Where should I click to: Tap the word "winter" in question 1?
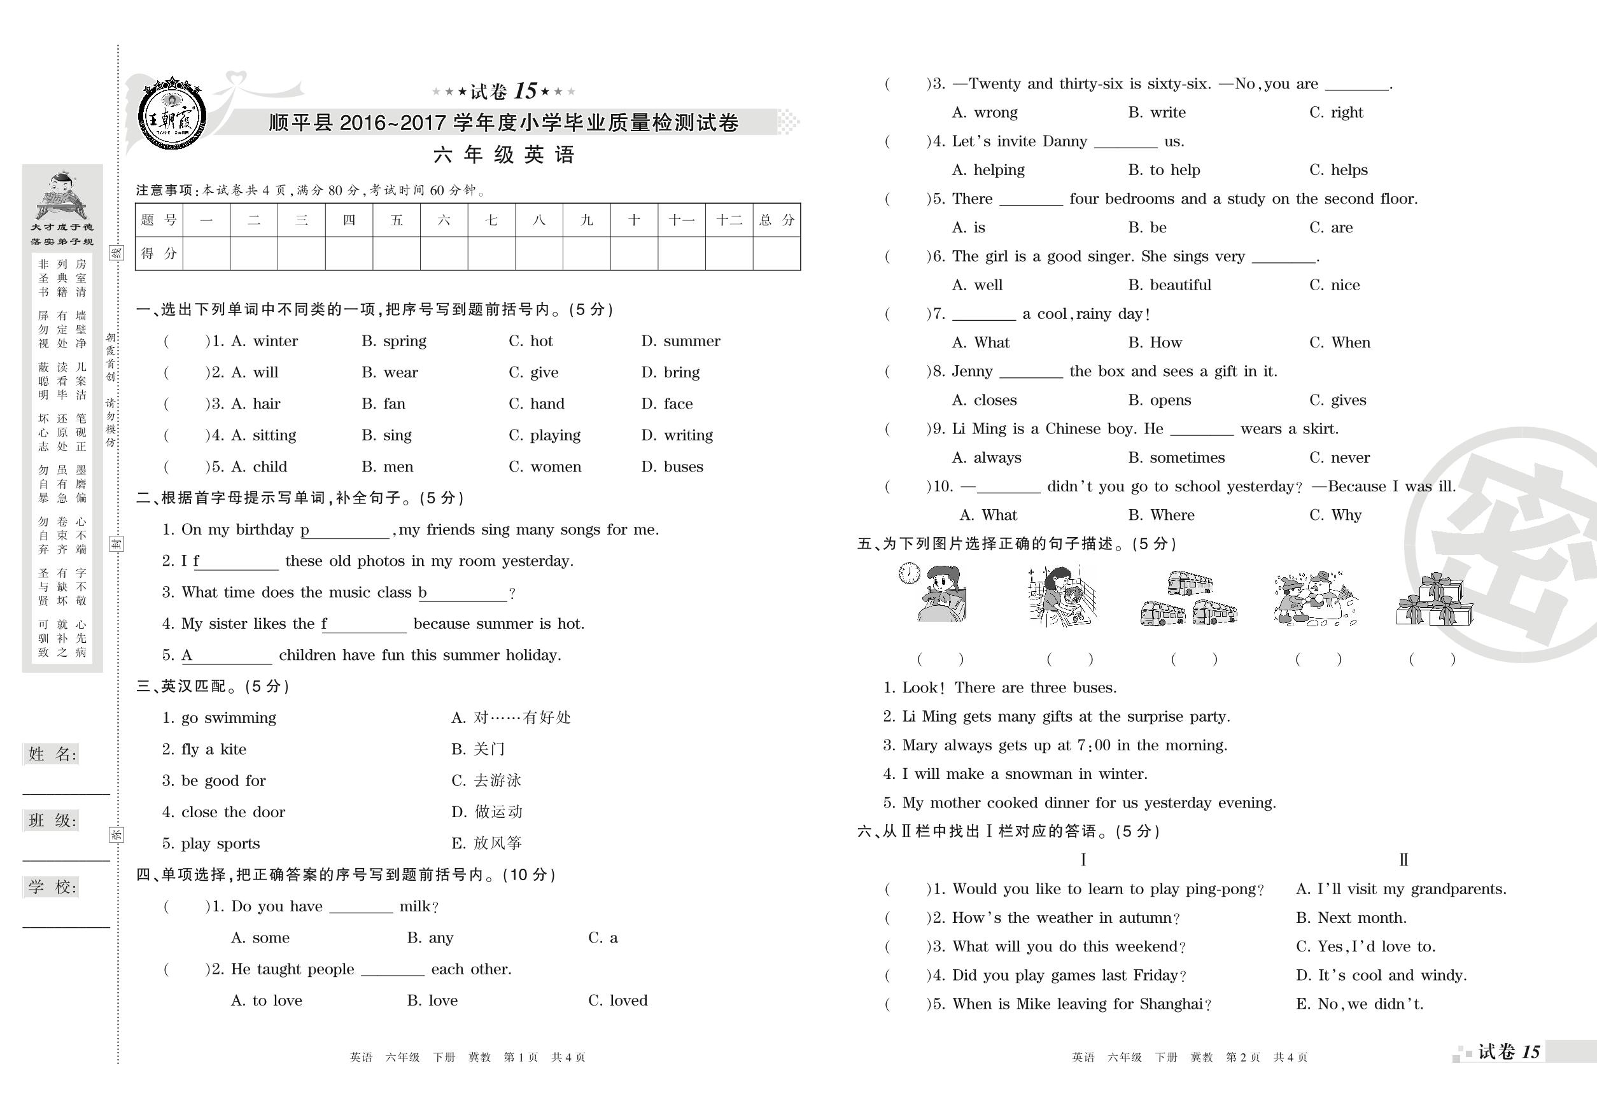pyautogui.click(x=275, y=341)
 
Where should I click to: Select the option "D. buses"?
pyautogui.click(x=672, y=466)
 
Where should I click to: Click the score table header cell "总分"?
pyautogui.click(x=777, y=220)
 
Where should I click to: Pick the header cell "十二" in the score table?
pyautogui.click(x=729, y=220)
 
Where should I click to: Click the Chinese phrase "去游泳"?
pyautogui.click(x=497, y=780)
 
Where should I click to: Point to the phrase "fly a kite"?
pyautogui.click(x=213, y=749)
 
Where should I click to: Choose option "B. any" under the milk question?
pyautogui.click(x=430, y=938)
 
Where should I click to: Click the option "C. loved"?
pyautogui.click(x=617, y=1000)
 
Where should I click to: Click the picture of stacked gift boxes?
pyautogui.click(x=1435, y=601)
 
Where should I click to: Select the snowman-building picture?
pyautogui.click(x=1315, y=599)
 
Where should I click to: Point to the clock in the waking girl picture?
pyautogui.click(x=909, y=573)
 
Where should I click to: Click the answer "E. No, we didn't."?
pyautogui.click(x=1359, y=1004)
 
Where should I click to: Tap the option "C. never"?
pyautogui.click(x=1339, y=458)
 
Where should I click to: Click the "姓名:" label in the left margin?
pyautogui.click(x=52, y=754)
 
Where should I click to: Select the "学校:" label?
pyautogui.click(x=52, y=887)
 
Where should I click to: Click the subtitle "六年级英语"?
pyautogui.click(x=503, y=155)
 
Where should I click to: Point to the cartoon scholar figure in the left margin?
pyautogui.click(x=61, y=194)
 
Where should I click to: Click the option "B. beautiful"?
pyautogui.click(x=1169, y=284)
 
